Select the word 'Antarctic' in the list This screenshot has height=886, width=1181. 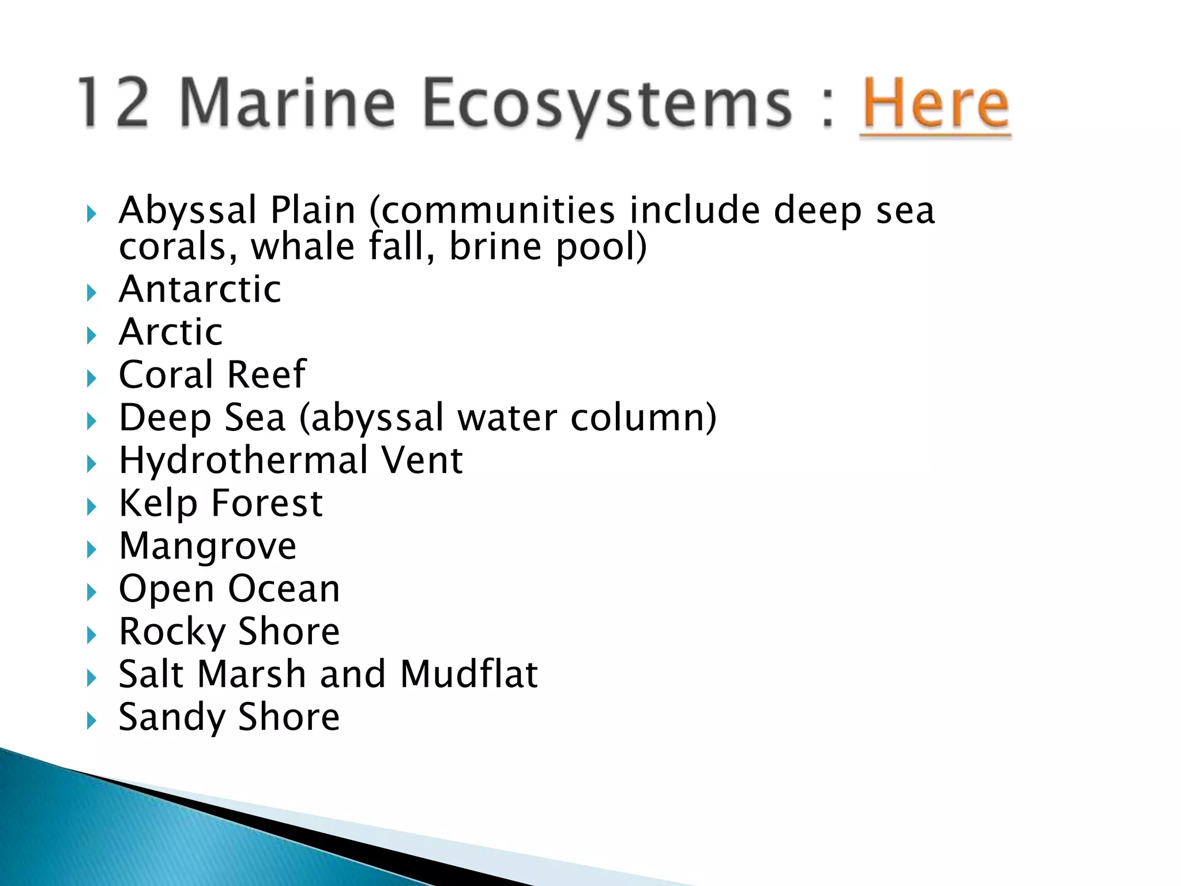200,289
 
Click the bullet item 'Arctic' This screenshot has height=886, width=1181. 171,332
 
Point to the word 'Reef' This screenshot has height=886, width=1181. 266,375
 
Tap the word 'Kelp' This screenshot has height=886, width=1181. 158,504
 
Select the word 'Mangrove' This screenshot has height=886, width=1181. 208,547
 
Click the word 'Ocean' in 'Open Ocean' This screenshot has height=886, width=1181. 284,589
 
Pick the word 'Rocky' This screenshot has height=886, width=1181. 172,632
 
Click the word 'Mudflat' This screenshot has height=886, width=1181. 469,674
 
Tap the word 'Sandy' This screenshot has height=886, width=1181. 172,718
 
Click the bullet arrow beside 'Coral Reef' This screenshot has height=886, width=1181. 91,379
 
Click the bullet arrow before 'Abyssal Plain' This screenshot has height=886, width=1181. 91,215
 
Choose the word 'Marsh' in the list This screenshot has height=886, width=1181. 251,674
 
